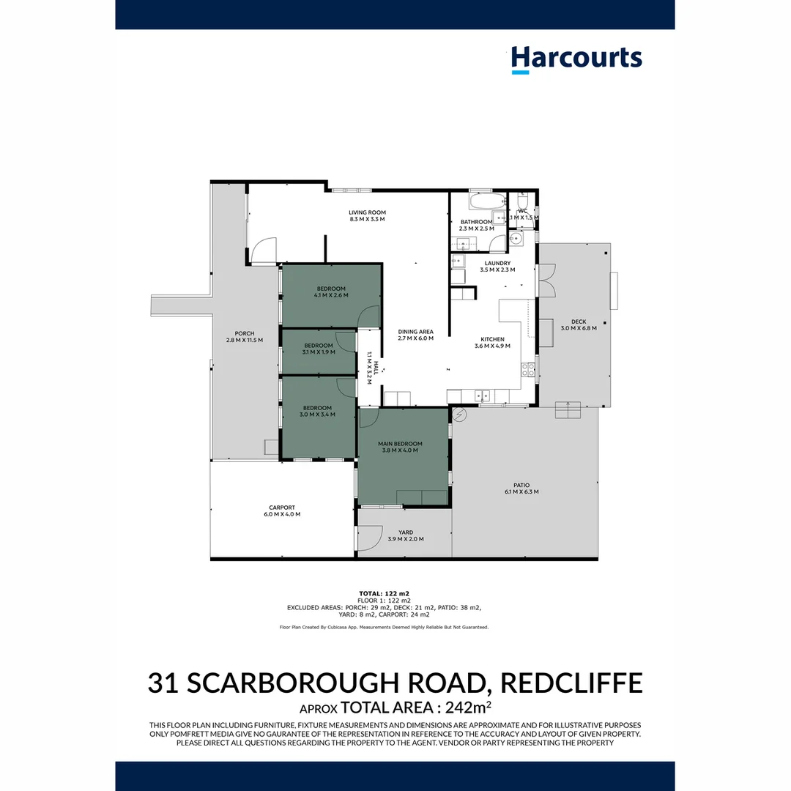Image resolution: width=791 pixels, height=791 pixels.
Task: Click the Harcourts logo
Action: [576, 59]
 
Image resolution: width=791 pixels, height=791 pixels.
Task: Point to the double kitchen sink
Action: [483, 396]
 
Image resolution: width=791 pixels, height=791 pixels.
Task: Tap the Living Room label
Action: [367, 213]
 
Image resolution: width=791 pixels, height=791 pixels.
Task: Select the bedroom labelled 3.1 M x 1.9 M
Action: [319, 349]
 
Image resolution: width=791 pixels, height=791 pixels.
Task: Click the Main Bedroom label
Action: [400, 444]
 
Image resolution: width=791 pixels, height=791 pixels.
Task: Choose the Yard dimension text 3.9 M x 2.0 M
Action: [405, 539]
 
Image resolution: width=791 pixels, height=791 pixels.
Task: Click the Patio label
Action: [521, 485]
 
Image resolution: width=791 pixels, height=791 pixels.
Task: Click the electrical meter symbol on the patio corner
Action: [459, 415]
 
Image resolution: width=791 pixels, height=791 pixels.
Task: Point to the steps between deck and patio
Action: [568, 410]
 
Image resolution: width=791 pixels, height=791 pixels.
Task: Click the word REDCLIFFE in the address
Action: [572, 683]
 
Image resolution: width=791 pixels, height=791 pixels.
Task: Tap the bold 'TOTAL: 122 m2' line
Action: [384, 593]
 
